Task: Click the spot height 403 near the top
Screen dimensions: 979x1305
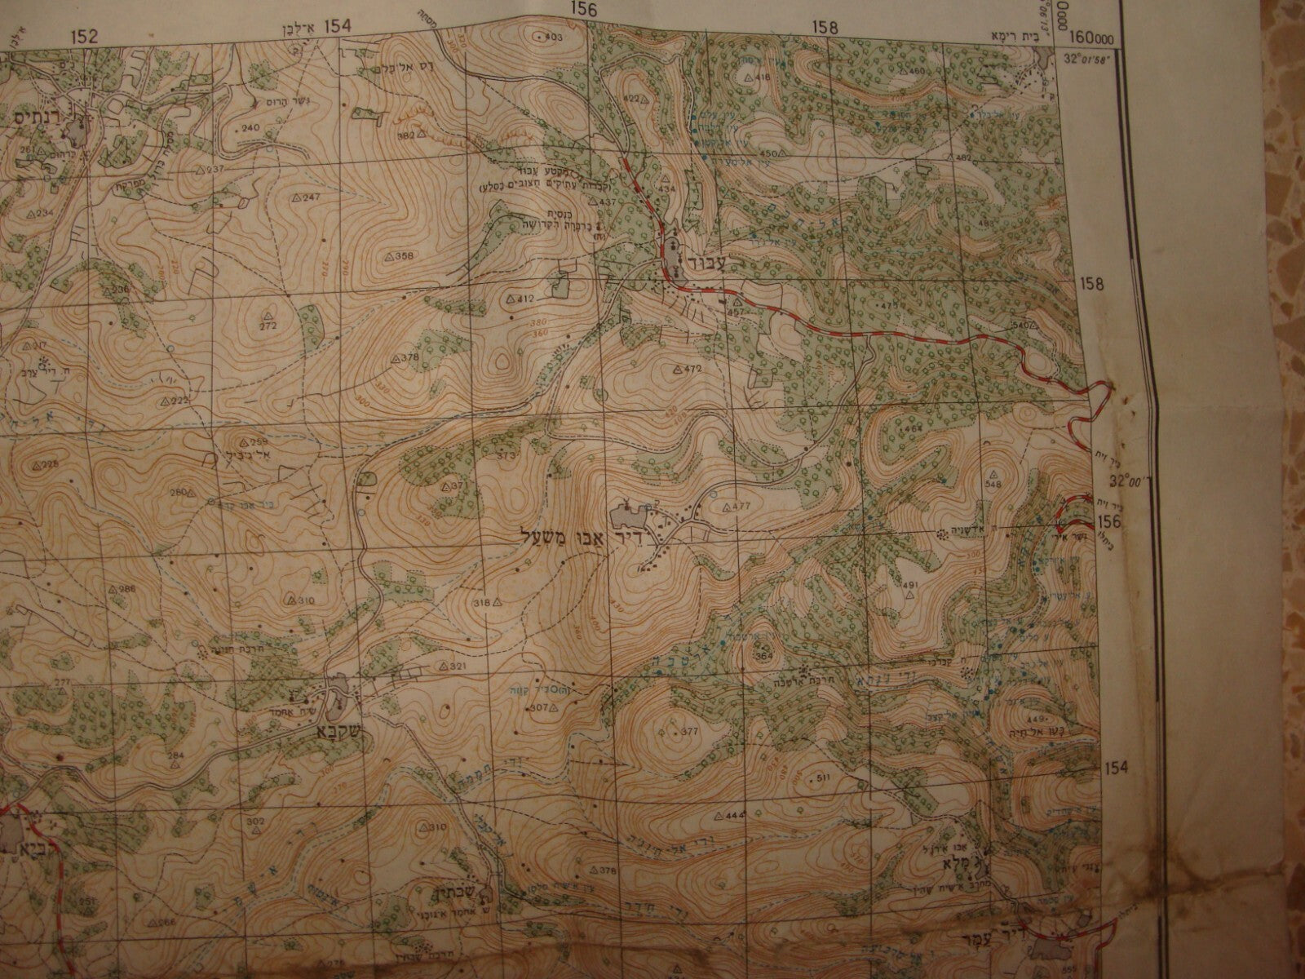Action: click(x=553, y=38)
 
